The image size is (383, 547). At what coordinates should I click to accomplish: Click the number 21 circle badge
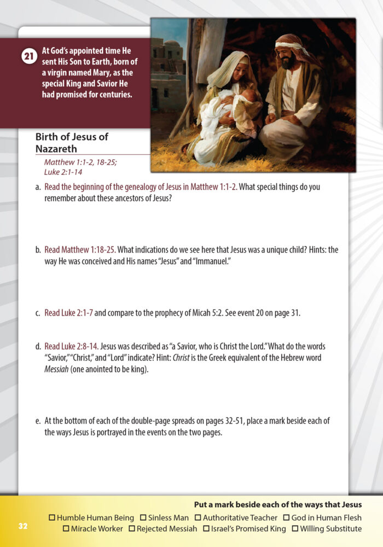click(x=28, y=57)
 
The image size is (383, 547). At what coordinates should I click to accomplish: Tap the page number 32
click(x=22, y=526)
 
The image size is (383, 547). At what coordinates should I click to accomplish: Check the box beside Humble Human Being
click(x=52, y=517)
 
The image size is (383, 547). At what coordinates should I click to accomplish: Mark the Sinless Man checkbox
click(x=143, y=517)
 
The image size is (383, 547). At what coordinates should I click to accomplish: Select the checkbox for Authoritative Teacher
click(x=198, y=517)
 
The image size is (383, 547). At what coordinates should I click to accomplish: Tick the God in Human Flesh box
click(x=286, y=517)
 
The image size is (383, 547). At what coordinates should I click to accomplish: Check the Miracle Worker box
click(x=66, y=529)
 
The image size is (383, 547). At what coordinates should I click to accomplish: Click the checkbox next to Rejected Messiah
click(x=132, y=529)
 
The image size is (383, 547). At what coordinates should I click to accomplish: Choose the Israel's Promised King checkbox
click(x=206, y=529)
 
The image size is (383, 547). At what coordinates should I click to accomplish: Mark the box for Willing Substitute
click(x=295, y=529)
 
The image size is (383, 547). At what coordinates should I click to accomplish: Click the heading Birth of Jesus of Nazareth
click(x=72, y=143)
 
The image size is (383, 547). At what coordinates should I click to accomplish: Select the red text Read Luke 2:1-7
click(x=69, y=313)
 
